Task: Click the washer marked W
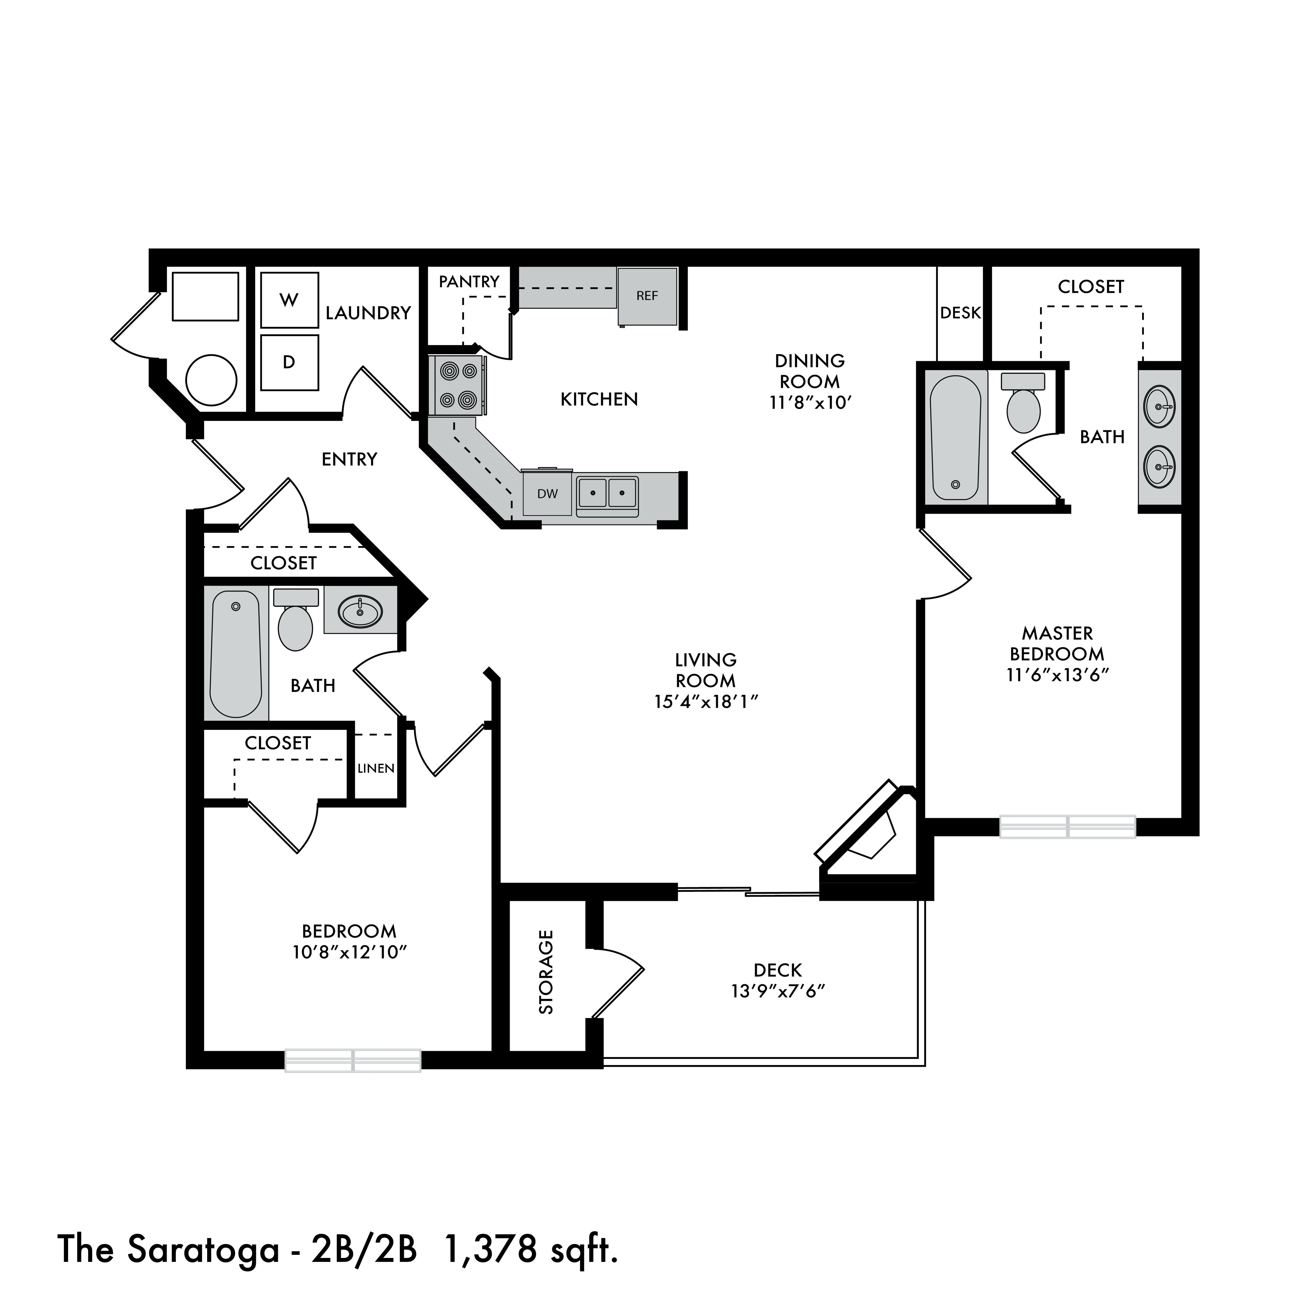pos(290,300)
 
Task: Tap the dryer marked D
pos(290,362)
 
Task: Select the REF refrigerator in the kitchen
pos(647,296)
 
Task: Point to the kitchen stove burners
pos(457,386)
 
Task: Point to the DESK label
pos(960,313)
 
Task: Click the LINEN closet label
pos(376,768)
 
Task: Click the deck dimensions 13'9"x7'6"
pos(778,991)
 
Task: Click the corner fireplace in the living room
pos(867,833)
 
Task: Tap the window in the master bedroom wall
pos(1067,826)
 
